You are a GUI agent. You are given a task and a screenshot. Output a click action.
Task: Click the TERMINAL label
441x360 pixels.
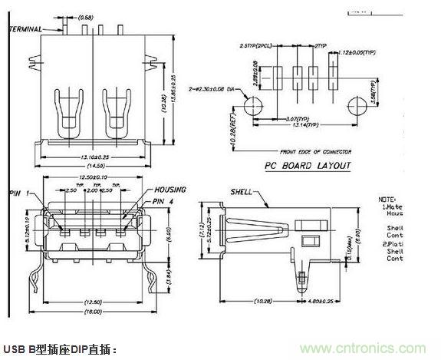(25, 28)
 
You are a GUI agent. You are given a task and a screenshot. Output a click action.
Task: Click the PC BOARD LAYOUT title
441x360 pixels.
(308, 165)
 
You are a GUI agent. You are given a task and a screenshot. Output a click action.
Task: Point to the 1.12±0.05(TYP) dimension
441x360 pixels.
(354, 51)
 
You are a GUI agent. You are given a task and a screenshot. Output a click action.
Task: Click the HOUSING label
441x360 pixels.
(170, 189)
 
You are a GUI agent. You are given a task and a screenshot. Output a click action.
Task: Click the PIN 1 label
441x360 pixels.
(19, 193)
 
